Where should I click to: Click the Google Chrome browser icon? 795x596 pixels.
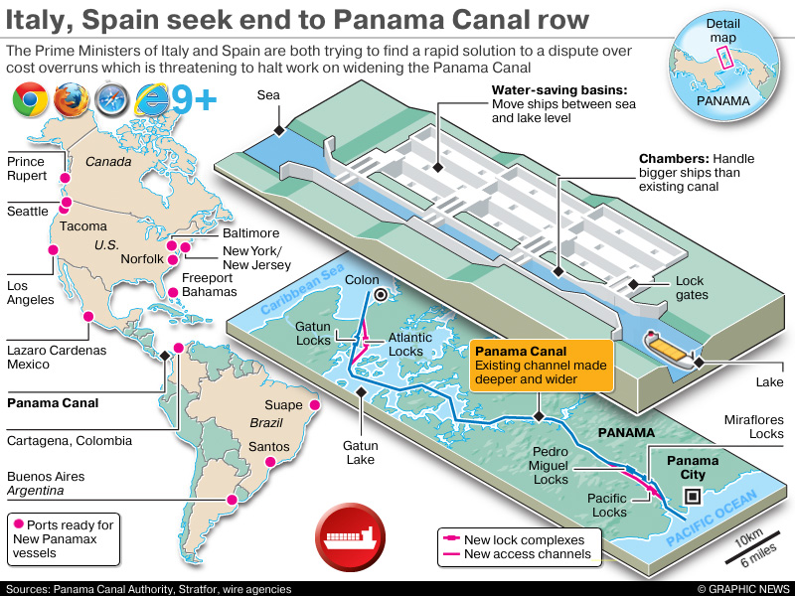click(x=30, y=100)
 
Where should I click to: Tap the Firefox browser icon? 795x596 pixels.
click(x=70, y=100)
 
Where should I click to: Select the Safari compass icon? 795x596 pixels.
click(x=109, y=100)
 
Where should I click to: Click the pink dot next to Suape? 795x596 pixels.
click(x=315, y=405)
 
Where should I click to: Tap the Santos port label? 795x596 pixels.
click(x=268, y=447)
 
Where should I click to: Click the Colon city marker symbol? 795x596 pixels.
click(x=381, y=295)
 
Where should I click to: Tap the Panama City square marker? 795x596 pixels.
click(x=693, y=500)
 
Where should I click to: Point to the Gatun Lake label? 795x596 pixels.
click(x=362, y=453)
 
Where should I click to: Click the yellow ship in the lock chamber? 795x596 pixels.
click(x=667, y=346)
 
